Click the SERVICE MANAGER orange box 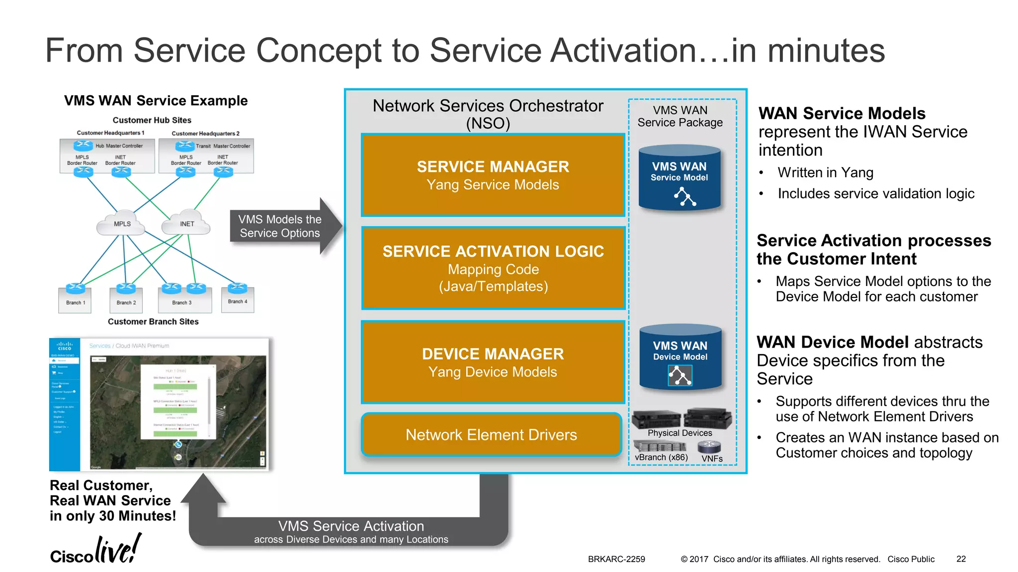tap(493, 175)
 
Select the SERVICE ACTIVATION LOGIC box tap(493, 268)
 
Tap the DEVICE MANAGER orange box tap(493, 362)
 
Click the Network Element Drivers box tap(491, 435)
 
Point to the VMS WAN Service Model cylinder tap(679, 178)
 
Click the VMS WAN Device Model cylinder tap(680, 357)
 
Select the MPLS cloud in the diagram tap(122, 224)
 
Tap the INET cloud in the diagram tap(187, 224)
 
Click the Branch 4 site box tap(238, 300)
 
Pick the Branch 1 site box tap(75, 301)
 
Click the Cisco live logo tap(96, 550)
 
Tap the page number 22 tap(961, 559)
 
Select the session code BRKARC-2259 tap(616, 559)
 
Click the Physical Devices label tap(679, 433)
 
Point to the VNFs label tap(712, 459)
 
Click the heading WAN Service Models tap(842, 114)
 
